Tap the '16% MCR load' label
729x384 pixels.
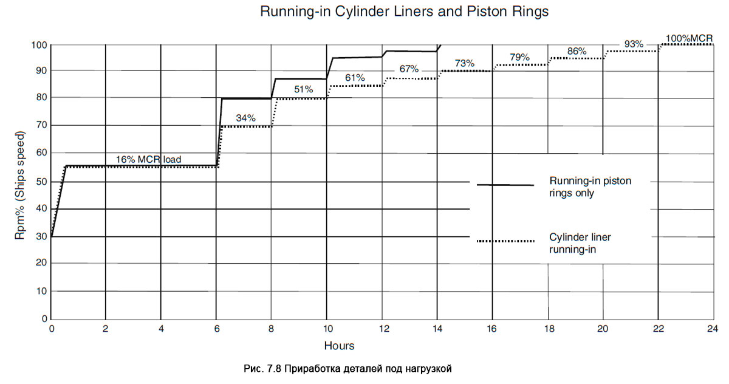(x=148, y=160)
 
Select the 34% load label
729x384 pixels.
(x=245, y=118)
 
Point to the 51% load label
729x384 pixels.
(x=304, y=89)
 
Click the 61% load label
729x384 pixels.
(x=355, y=78)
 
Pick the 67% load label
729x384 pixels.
(x=409, y=69)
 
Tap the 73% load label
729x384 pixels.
(x=464, y=63)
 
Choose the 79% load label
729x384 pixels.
(x=519, y=57)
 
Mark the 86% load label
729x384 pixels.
(x=577, y=51)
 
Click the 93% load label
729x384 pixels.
(x=633, y=44)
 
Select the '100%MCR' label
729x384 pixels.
(x=689, y=38)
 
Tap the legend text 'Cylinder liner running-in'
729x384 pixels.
(x=582, y=243)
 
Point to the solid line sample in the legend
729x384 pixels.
(x=505, y=185)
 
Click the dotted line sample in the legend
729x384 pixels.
(x=505, y=241)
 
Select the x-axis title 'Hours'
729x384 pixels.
(x=339, y=346)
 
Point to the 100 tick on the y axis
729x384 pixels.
(x=39, y=45)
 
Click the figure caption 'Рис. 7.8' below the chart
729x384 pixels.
(x=348, y=369)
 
